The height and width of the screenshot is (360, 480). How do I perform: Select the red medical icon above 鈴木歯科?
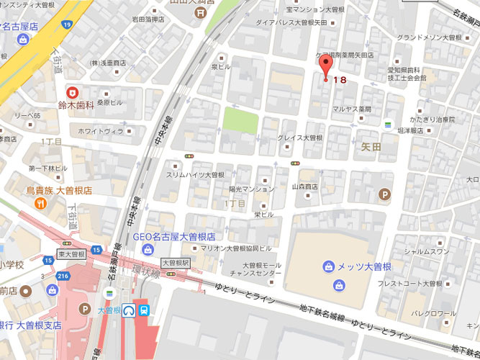click(72, 92)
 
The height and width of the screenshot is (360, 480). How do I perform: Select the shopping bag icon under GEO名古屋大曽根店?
click(148, 249)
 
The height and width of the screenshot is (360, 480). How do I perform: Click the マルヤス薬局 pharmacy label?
click(350, 109)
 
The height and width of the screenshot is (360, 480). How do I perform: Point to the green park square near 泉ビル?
click(240, 119)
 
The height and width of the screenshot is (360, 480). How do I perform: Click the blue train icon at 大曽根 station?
click(145, 310)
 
